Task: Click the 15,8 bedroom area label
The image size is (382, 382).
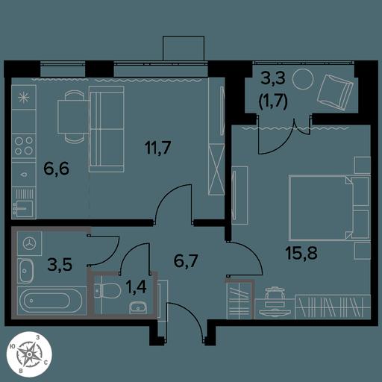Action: coord(301,253)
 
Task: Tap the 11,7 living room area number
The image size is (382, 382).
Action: coord(158,147)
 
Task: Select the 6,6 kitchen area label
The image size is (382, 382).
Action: coord(56,169)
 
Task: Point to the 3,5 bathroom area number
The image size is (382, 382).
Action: coord(60,264)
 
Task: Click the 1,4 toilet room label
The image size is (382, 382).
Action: coord(136,286)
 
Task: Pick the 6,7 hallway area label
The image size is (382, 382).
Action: coord(186,260)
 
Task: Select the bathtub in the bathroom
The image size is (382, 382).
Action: coord(51,300)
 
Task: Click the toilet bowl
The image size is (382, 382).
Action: coord(107,290)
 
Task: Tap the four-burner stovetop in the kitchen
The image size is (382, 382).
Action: coord(24,145)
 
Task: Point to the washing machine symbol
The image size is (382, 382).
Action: coord(29,243)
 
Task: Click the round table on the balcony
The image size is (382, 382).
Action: coord(303,79)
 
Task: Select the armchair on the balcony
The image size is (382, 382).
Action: coord(335,92)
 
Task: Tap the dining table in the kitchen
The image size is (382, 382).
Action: coord(74,117)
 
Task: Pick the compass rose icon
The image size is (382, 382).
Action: coord(29,354)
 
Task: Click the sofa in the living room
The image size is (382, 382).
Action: coord(107,129)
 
